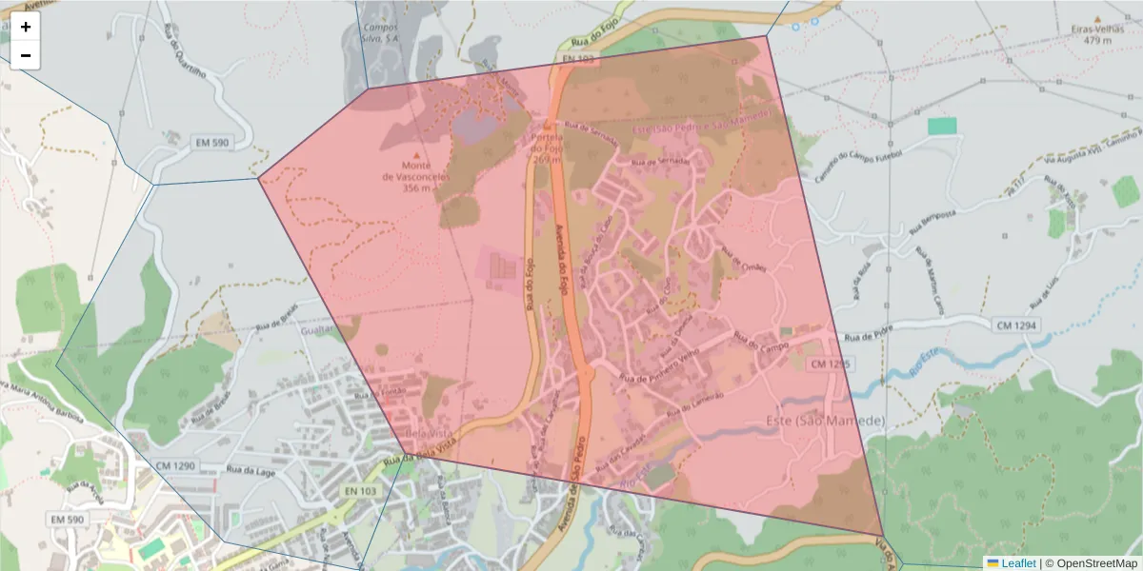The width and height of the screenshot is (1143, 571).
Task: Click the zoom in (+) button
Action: coord(26,27)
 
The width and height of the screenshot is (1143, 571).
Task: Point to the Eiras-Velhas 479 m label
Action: coord(1092,34)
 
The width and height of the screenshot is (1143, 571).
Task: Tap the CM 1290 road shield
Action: coord(172,466)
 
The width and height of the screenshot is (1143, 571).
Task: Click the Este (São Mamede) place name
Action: coord(825,421)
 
